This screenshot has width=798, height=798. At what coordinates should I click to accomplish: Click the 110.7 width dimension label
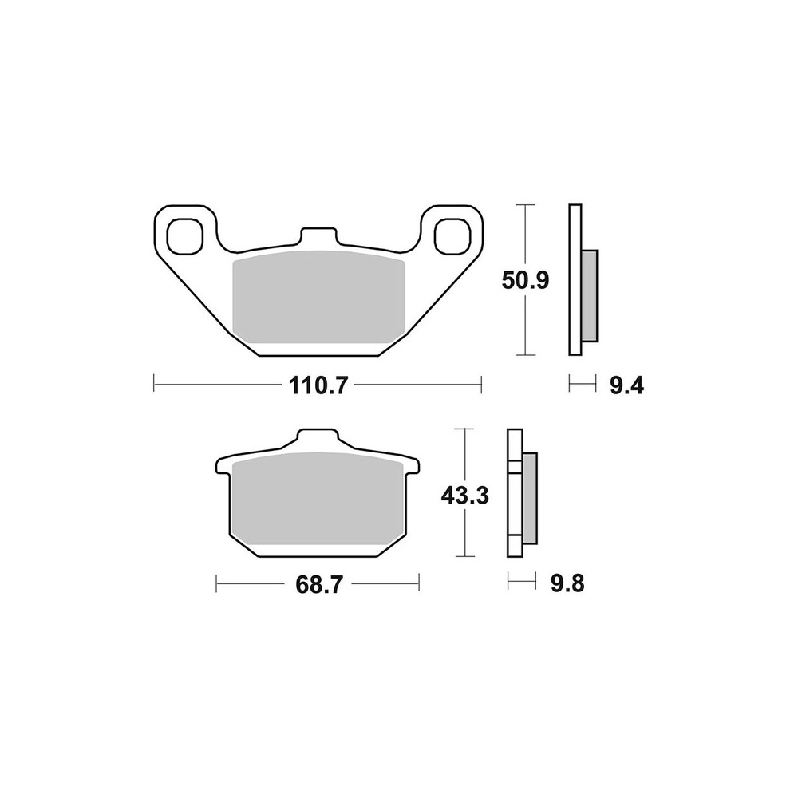tap(318, 385)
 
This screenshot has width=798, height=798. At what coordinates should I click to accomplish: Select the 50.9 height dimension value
tap(525, 280)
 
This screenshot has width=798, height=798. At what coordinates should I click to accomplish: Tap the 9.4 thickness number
tap(626, 385)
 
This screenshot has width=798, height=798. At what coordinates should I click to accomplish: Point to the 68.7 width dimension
tap(317, 584)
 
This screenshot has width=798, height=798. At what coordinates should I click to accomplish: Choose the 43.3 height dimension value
tap(464, 496)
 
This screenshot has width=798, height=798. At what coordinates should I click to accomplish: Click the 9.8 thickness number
tap(567, 584)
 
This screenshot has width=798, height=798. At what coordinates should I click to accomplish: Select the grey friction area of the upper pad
tap(318, 298)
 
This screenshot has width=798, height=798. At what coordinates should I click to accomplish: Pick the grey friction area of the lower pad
tap(318, 499)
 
